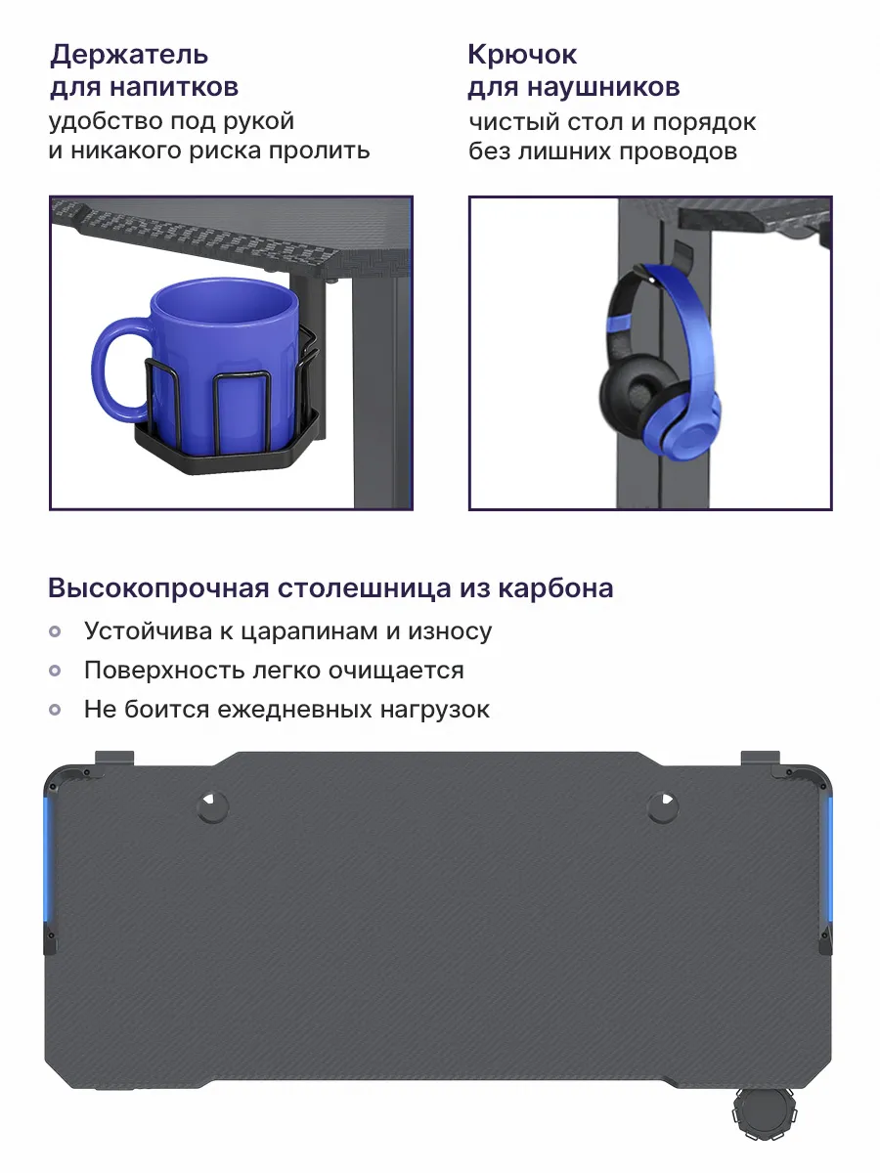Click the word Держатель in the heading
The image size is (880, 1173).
129,55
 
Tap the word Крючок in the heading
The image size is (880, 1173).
522,55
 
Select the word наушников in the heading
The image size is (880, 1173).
603,87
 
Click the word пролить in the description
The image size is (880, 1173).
319,152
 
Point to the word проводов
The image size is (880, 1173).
678,152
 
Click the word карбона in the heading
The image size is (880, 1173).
555,588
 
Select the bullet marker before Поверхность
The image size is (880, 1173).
55,671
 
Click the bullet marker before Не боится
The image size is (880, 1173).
55,710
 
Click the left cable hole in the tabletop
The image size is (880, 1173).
212,806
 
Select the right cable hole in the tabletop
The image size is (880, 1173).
663,806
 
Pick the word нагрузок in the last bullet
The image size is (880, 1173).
435,711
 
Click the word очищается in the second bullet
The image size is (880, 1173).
396,672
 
